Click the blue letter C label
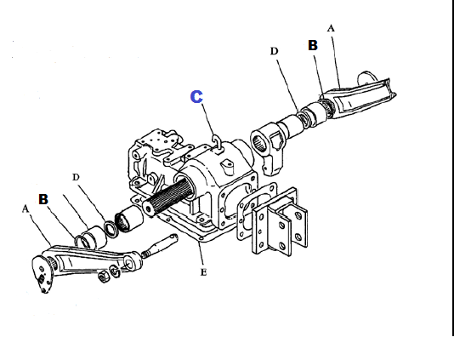click(196, 96)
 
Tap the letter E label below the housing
click(203, 272)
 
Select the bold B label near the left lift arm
click(43, 199)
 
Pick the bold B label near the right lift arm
click(313, 45)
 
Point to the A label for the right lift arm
click(331, 28)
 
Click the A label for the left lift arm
click(26, 209)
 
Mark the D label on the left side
click(76, 177)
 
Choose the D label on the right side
click(274, 51)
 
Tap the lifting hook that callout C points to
click(217, 143)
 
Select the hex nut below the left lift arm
click(104, 277)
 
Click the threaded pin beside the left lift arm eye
click(160, 245)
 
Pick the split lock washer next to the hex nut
click(116, 271)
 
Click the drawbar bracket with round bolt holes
click(279, 223)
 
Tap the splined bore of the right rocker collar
click(259, 143)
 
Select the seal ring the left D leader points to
click(111, 229)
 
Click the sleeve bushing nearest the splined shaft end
click(129, 219)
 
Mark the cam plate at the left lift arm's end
click(43, 274)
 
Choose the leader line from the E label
click(200, 254)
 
